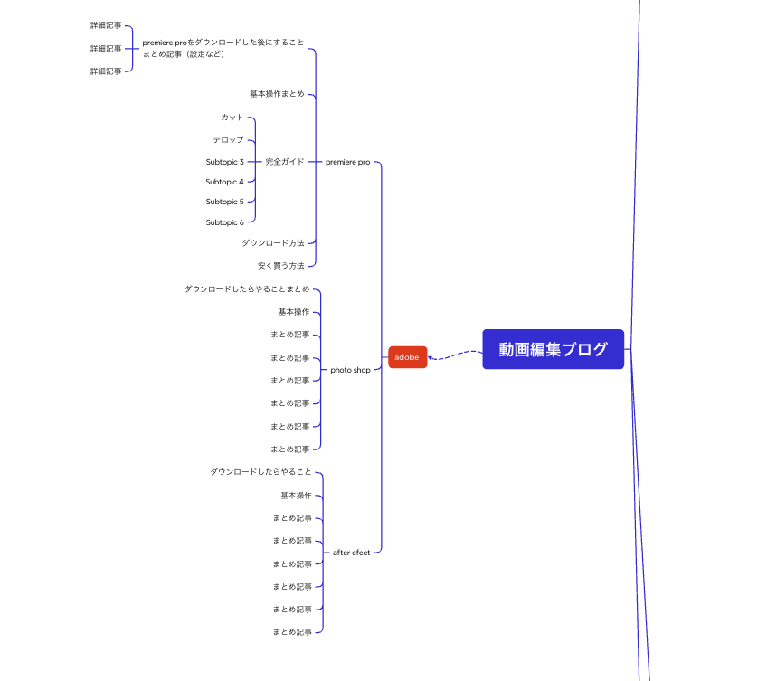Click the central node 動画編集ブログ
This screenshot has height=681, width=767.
click(x=553, y=349)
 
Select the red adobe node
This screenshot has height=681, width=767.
click(x=407, y=357)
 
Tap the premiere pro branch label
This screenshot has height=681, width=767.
click(x=348, y=162)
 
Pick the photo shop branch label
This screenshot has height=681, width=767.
click(x=350, y=370)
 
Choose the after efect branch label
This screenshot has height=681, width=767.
click(x=351, y=553)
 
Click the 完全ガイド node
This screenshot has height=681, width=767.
click(x=285, y=162)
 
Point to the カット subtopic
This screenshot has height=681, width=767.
click(x=232, y=117)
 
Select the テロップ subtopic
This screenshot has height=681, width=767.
click(x=228, y=140)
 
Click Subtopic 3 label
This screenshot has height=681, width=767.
click(x=224, y=162)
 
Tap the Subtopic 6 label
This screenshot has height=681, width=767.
click(x=224, y=222)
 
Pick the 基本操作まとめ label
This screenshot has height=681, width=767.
click(x=277, y=93)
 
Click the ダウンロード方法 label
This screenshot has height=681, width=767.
click(x=273, y=242)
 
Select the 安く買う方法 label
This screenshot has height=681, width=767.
click(x=280, y=266)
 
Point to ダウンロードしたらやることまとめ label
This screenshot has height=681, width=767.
click(x=247, y=289)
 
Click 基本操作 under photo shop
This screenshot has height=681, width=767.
click(x=294, y=312)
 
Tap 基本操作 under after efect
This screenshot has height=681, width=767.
click(x=296, y=495)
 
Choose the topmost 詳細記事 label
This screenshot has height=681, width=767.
click(x=106, y=25)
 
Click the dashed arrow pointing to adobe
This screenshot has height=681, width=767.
click(x=455, y=355)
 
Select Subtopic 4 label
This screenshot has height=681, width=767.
click(x=224, y=182)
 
